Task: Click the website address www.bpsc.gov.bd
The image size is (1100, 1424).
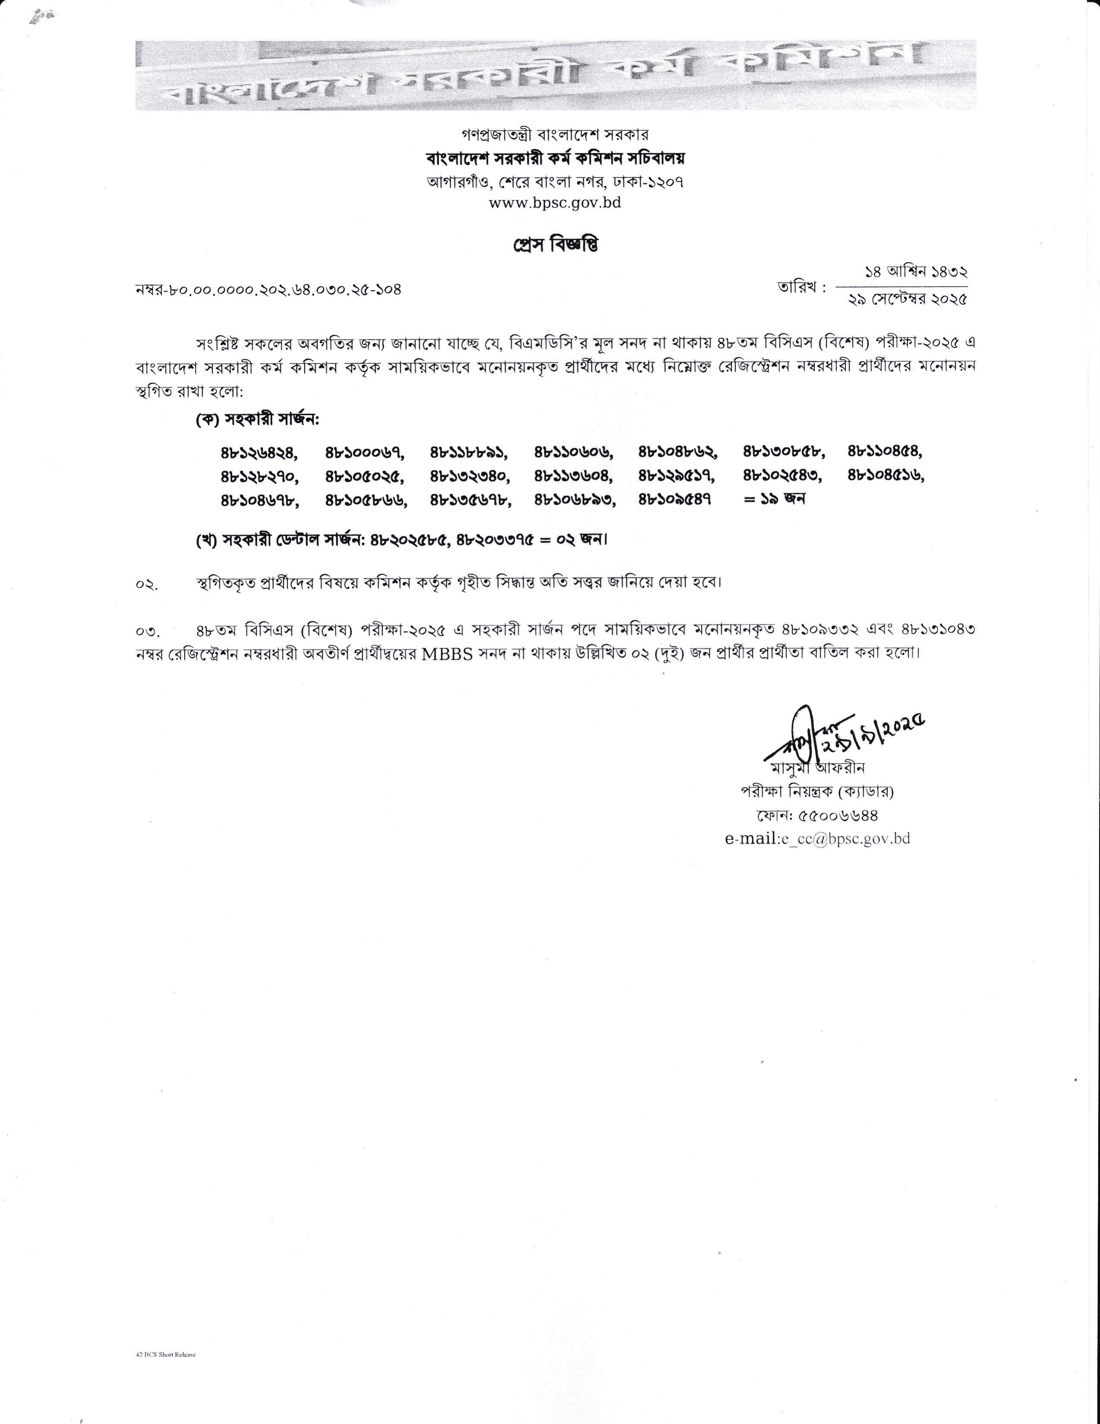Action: (554, 203)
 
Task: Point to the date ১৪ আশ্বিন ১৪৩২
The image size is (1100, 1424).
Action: (915, 273)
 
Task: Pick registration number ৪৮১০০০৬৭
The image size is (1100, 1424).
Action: (364, 451)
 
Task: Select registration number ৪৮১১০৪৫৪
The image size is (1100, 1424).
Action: (886, 451)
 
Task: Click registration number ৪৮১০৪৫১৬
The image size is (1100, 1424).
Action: (886, 475)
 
